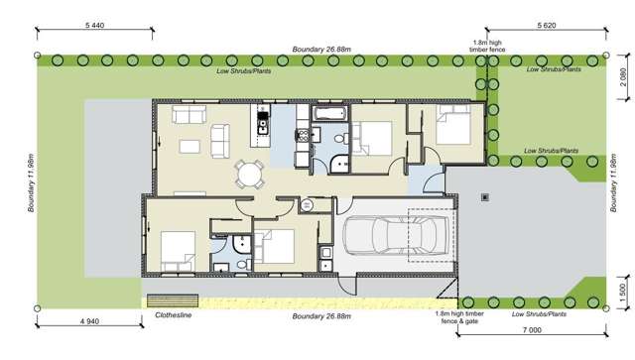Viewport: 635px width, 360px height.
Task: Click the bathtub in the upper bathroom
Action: click(x=327, y=115)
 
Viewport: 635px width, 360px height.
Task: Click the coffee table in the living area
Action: click(x=190, y=146)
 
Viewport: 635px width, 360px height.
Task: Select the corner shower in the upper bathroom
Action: click(x=340, y=165)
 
